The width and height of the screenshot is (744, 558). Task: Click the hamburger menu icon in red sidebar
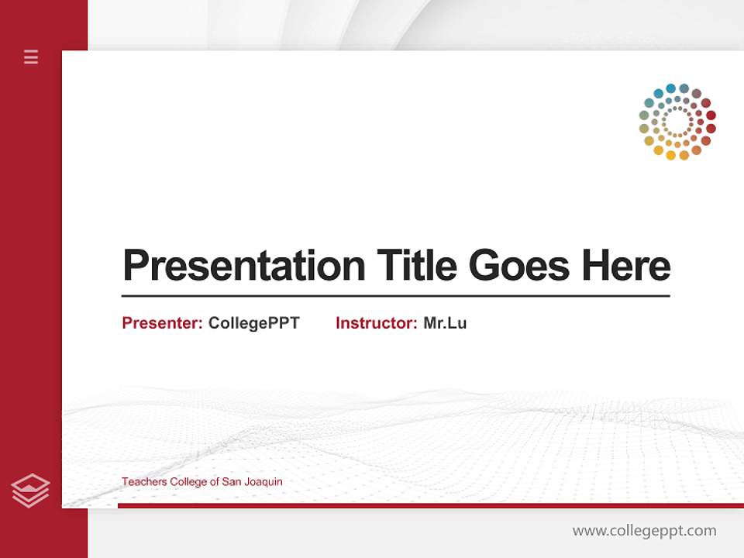coord(31,57)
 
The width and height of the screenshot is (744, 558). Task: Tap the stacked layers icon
coord(30,491)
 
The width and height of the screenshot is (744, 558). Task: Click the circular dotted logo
coord(677,122)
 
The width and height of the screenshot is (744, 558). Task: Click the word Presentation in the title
coord(243,266)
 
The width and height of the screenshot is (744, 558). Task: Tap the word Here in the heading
coord(626,265)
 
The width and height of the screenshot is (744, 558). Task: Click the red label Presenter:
coord(163,323)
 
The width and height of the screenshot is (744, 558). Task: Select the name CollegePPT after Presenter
coord(253,323)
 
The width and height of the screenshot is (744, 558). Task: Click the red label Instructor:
coord(377,323)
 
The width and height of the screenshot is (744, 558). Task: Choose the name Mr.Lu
coord(445,323)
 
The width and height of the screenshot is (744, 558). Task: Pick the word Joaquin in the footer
coord(263,482)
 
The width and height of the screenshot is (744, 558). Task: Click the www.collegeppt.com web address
coord(644,531)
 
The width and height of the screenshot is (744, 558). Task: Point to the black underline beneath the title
coord(395,295)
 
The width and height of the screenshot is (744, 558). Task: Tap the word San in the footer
coord(232,482)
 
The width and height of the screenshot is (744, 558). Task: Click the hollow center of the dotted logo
coord(677,122)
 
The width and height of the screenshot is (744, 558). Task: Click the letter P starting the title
coord(136,265)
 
